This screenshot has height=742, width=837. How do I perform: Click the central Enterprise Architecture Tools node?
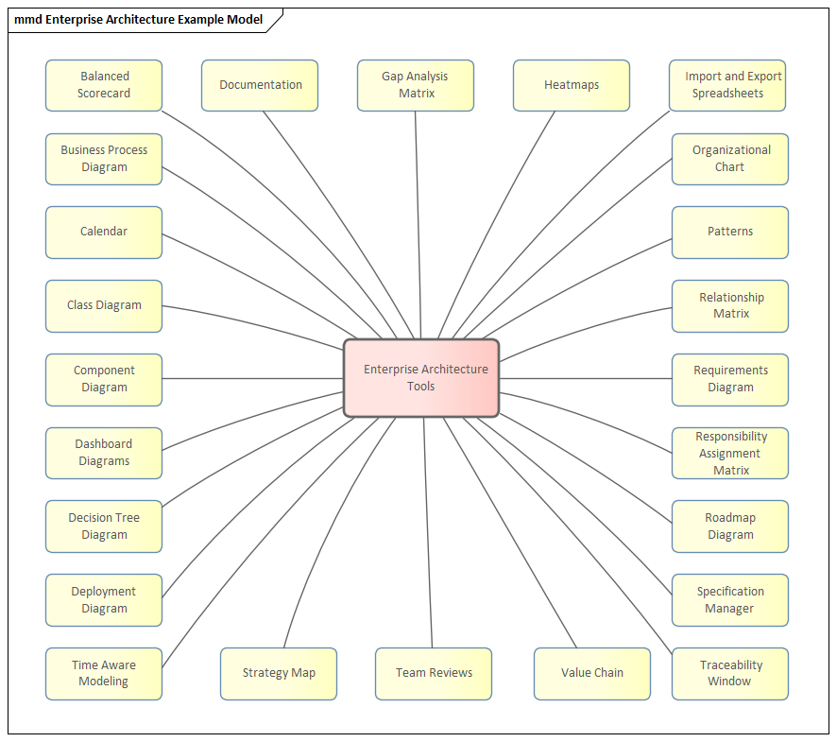(x=421, y=378)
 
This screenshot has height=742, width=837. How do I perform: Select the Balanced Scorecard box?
(x=104, y=85)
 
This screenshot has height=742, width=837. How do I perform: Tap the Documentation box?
(x=260, y=85)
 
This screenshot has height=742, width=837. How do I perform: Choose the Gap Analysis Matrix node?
(x=416, y=85)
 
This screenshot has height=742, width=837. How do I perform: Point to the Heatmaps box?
(x=572, y=85)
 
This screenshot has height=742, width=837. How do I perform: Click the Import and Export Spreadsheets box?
(x=727, y=85)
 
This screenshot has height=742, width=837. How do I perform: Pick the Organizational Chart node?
(x=730, y=159)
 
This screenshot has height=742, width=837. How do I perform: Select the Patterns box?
(x=730, y=232)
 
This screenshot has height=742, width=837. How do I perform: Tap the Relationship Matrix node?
(x=730, y=305)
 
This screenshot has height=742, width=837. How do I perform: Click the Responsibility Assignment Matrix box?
(x=730, y=453)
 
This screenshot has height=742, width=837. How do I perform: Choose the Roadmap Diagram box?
(x=730, y=526)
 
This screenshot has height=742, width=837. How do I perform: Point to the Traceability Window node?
(x=730, y=673)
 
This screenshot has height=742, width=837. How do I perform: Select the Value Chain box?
(x=592, y=673)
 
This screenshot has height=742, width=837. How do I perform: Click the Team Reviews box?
(x=434, y=673)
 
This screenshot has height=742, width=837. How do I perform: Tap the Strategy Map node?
(x=279, y=673)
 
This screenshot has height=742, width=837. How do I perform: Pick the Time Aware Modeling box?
(x=104, y=673)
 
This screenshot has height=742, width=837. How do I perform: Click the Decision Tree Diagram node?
(x=104, y=526)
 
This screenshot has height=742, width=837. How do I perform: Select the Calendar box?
(x=104, y=232)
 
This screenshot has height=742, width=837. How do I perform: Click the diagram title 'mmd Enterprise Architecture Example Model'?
(x=139, y=20)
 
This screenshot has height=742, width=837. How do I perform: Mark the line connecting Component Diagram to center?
(x=253, y=379)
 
